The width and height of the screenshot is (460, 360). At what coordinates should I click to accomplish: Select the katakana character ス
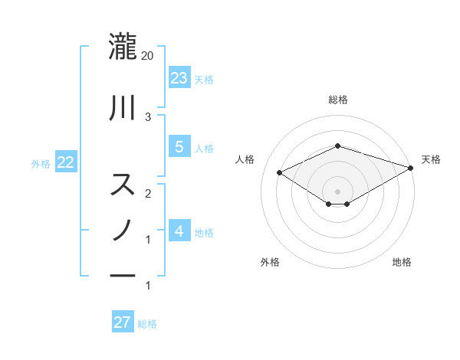tap(123, 185)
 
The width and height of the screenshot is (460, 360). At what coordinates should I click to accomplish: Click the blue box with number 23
tap(179, 77)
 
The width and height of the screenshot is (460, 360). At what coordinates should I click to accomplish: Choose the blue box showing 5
tap(179, 147)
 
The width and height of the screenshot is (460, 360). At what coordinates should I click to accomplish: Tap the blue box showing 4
tap(179, 231)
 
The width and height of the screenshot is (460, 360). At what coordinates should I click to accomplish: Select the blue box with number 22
tap(65, 162)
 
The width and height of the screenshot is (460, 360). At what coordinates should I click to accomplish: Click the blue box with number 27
tap(123, 322)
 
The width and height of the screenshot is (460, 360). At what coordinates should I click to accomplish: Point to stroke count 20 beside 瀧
tap(148, 55)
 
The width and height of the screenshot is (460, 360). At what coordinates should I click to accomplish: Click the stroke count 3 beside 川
tap(148, 116)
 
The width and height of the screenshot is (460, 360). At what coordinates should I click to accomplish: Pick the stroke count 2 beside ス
tap(148, 193)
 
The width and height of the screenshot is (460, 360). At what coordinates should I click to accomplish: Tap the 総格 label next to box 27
tap(148, 324)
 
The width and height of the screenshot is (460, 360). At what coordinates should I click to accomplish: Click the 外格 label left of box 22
tap(41, 163)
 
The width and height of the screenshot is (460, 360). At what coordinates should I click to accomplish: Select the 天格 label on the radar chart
tap(431, 159)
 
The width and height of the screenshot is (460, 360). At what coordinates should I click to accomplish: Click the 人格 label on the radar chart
tap(245, 159)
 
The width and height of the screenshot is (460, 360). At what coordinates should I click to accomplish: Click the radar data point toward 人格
tap(280, 172)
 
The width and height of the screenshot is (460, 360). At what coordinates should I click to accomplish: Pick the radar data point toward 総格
tap(337, 146)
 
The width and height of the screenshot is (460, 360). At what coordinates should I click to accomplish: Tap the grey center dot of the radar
tap(337, 190)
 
